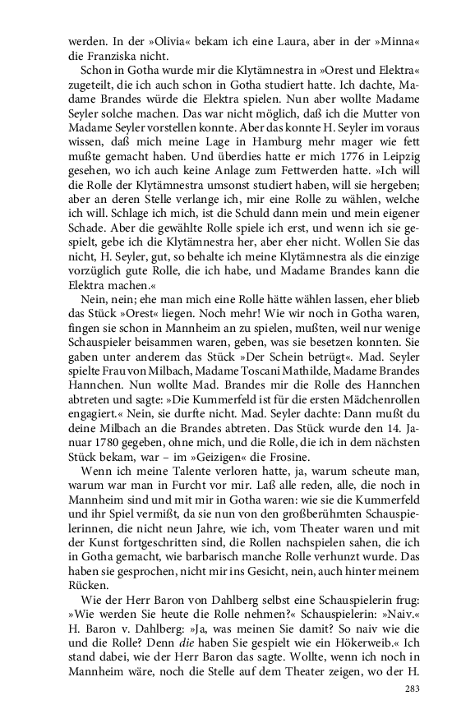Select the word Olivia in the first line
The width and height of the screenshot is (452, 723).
click(126, 39)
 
